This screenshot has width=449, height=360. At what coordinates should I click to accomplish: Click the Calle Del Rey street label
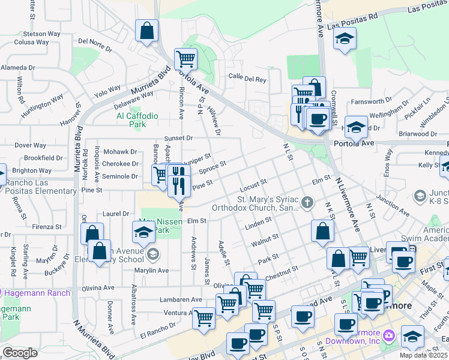[247, 77]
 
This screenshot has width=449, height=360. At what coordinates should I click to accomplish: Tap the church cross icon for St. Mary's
[307, 203]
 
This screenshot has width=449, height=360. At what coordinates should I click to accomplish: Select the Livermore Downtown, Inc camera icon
[389, 334]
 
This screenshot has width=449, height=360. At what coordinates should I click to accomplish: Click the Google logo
[20, 353]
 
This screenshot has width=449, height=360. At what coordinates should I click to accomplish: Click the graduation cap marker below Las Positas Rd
[345, 40]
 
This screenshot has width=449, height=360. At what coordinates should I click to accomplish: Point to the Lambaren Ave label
[181, 299]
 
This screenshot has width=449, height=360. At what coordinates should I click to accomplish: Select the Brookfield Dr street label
[44, 158]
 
